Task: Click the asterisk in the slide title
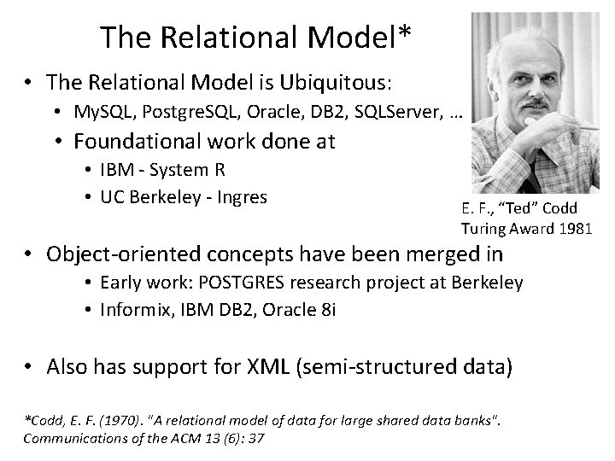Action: pos(403,35)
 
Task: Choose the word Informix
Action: pos(132,308)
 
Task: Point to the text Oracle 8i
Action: pos(298,308)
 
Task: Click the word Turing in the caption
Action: pos(482,228)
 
